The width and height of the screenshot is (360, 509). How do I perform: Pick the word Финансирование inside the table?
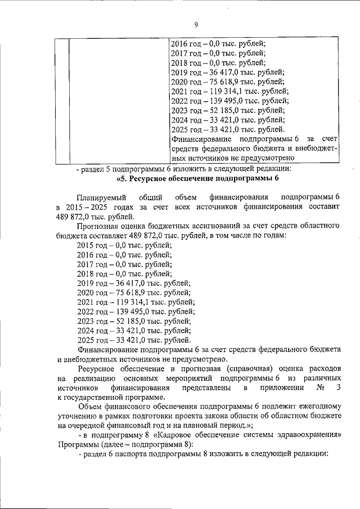[x=199, y=138]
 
